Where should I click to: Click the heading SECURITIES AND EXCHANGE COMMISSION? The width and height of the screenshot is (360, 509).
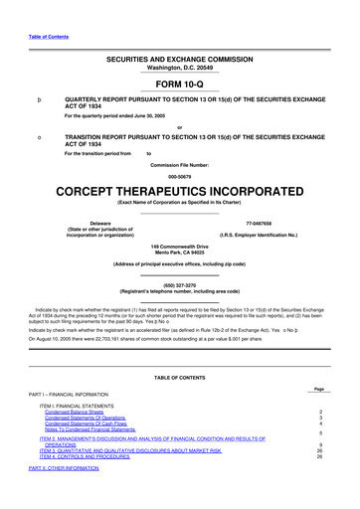(x=179, y=60)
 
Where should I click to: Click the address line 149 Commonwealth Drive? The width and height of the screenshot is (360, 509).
(x=179, y=245)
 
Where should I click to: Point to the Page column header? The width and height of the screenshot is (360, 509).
(x=318, y=389)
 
